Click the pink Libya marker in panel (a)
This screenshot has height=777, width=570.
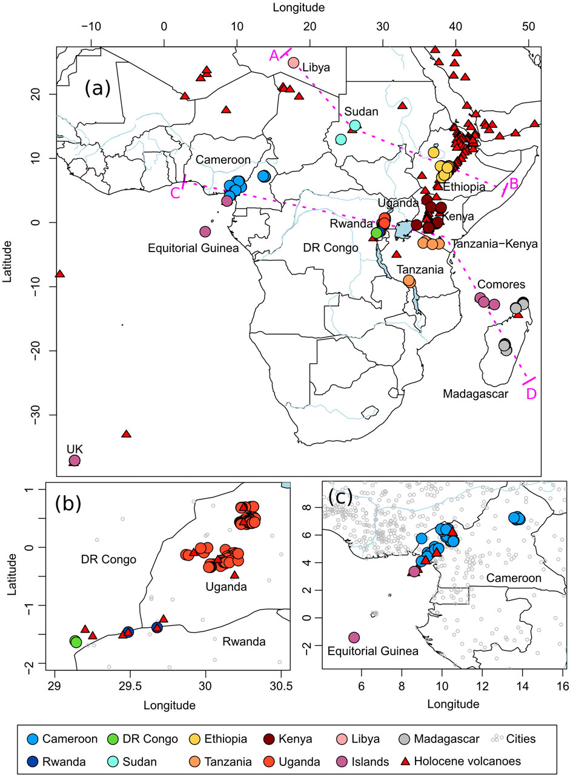[294, 62]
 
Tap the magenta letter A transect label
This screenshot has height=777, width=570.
[274, 55]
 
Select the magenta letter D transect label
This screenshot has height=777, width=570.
[531, 393]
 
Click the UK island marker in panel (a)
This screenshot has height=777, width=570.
[75, 461]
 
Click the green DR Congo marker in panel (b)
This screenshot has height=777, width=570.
[76, 642]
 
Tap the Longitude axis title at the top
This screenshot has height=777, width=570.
[299, 8]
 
